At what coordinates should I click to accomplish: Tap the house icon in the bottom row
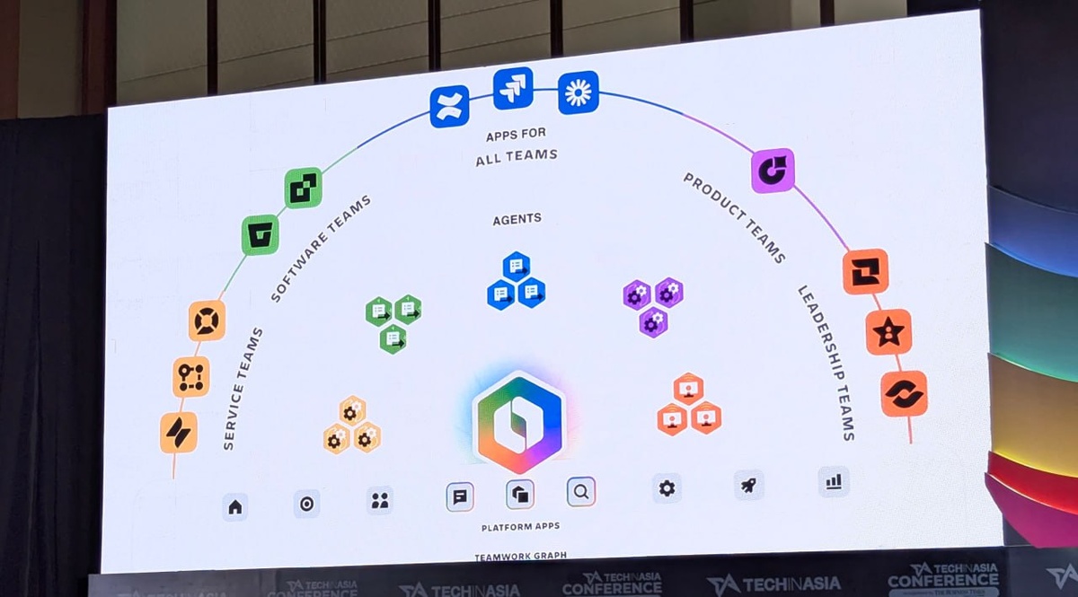tap(235, 507)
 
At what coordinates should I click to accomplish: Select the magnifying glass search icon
tap(581, 492)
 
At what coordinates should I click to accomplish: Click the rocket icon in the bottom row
tap(748, 485)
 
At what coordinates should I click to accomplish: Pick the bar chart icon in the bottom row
tap(834, 481)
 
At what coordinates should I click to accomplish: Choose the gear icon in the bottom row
tap(667, 488)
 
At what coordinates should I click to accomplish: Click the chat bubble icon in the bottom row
tap(460, 496)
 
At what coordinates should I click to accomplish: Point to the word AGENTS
tap(517, 219)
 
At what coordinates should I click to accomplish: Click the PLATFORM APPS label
tap(520, 527)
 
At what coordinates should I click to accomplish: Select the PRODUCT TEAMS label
tap(735, 218)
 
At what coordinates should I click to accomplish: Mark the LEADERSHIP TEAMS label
tap(826, 363)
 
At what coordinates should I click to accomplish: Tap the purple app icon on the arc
tap(773, 171)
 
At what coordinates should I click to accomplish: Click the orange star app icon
tap(888, 332)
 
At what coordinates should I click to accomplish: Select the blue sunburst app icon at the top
tap(578, 92)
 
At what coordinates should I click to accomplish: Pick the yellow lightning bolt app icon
tap(179, 433)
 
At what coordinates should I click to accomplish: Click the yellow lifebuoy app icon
tap(207, 320)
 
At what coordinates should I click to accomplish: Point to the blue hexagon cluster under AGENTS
tap(517, 281)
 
